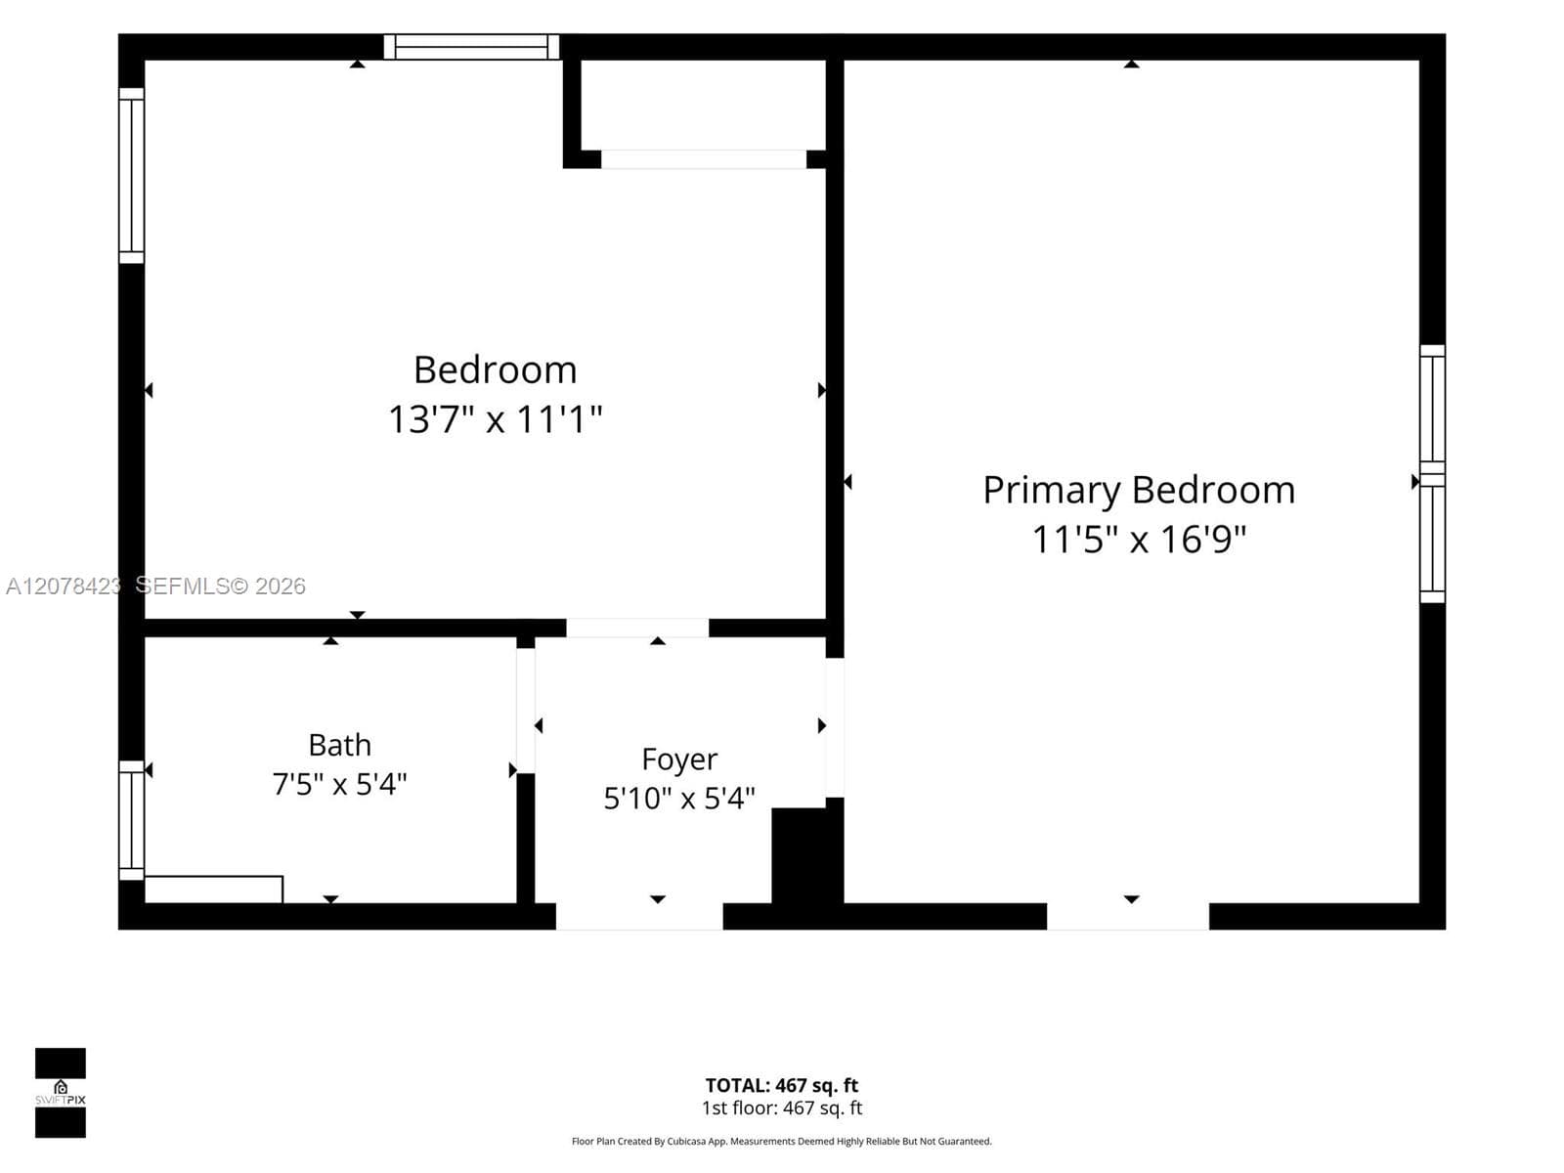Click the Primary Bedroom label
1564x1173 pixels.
[1139, 492]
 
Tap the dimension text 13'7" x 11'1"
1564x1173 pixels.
[496, 418]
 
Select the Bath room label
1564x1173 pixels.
[340, 746]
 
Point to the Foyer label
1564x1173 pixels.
[679, 760]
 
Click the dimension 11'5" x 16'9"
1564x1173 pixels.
[1139, 540]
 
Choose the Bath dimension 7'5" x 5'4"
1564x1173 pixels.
[339, 785]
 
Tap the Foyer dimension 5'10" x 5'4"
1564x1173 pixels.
[679, 799]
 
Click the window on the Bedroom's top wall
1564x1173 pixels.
[471, 47]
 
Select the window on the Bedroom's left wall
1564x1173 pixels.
[131, 175]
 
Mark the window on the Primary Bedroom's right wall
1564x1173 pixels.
[1432, 474]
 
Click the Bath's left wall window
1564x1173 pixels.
[131, 820]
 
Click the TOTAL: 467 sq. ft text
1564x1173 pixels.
[782, 1085]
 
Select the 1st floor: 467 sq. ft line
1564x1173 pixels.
[782, 1108]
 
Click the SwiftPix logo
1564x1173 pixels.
[61, 1093]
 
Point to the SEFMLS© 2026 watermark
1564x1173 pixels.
[220, 586]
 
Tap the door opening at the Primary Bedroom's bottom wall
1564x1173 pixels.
[1128, 917]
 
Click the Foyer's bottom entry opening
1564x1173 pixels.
[639, 917]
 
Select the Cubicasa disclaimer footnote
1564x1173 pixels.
[782, 1142]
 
